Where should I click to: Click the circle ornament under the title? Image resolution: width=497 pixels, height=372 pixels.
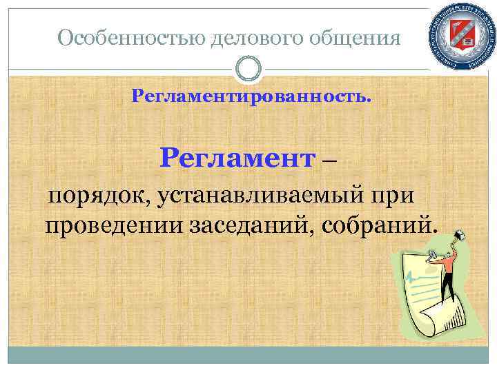click(x=248, y=68)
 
